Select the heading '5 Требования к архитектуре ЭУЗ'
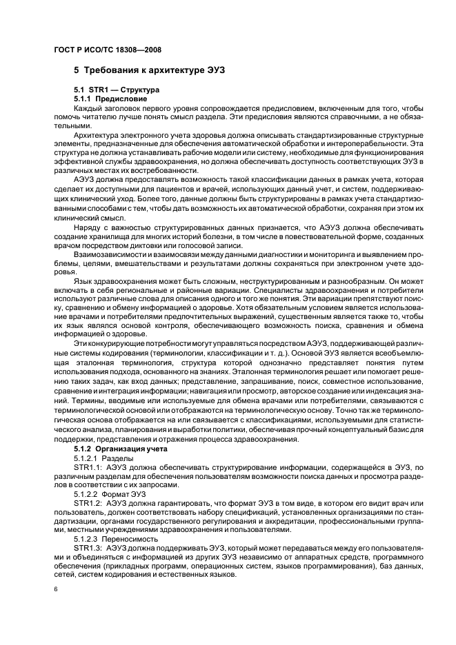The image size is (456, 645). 149,70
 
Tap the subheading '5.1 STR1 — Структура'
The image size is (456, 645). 117,90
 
